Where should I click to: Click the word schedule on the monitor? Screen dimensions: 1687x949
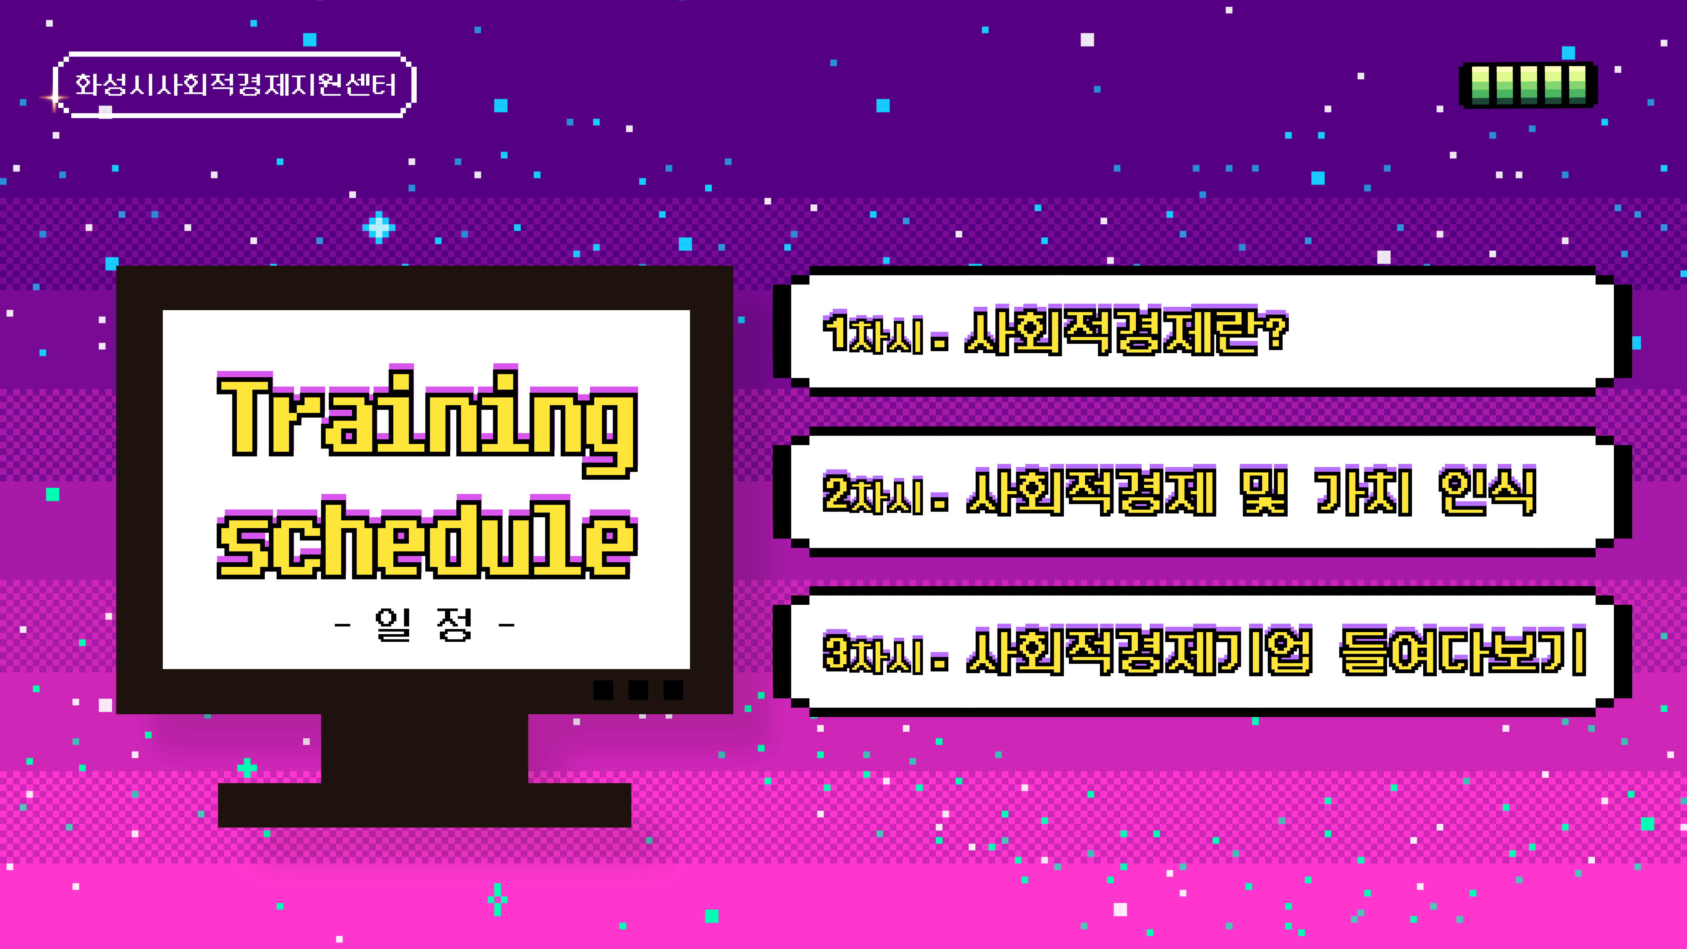pyautogui.click(x=427, y=537)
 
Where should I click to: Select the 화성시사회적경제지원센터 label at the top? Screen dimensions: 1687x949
pyautogui.click(x=234, y=84)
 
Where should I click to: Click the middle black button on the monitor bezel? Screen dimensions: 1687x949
pyautogui.click(x=638, y=690)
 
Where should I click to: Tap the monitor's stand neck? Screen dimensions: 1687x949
pyautogui.click(x=424, y=748)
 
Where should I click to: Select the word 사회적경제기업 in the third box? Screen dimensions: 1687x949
pyautogui.click(x=1140, y=651)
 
